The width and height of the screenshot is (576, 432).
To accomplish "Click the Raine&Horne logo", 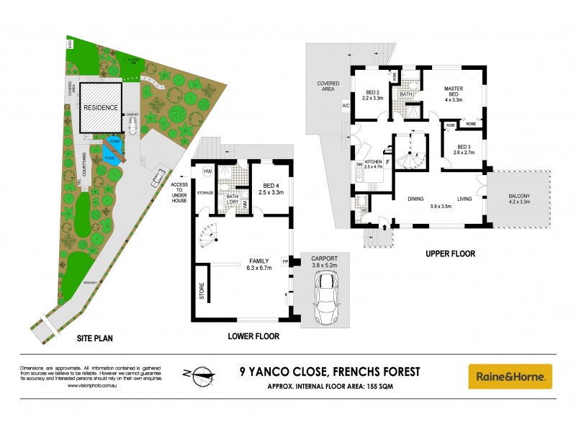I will [510, 376].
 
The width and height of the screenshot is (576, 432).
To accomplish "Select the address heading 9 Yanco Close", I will [329, 372].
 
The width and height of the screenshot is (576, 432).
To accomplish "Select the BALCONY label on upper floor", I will [518, 199].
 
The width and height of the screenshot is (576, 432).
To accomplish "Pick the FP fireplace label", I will [285, 261].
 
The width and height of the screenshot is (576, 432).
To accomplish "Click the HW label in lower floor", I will [207, 171].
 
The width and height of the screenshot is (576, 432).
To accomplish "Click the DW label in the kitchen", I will [358, 165].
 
